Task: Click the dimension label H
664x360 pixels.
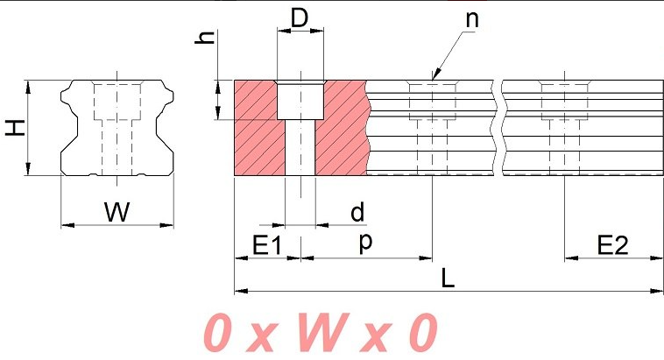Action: (15, 128)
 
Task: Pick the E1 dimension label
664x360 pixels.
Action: (266, 246)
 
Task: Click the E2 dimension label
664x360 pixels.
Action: (612, 246)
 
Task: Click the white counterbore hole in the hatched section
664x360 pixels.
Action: (300, 101)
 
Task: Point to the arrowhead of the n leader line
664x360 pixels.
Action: (433, 77)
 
